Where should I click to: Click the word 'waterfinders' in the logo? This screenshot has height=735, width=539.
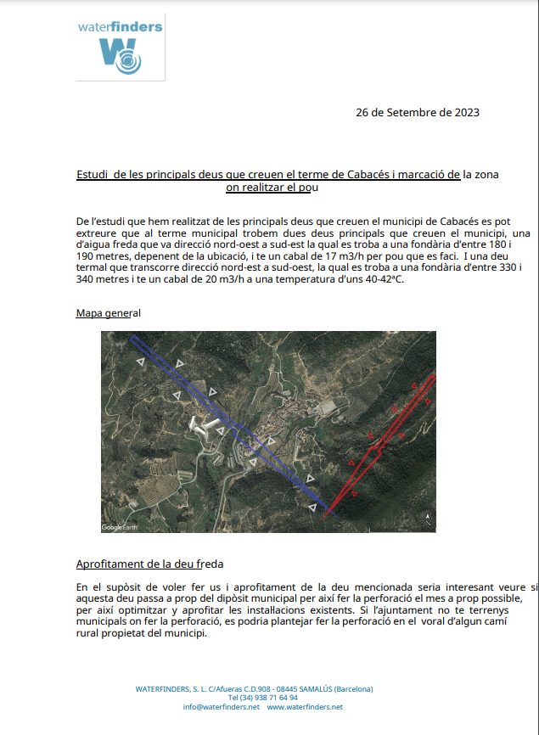tap(121, 27)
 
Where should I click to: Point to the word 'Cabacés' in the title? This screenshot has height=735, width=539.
tap(371, 174)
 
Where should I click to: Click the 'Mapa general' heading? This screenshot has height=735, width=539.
tap(108, 313)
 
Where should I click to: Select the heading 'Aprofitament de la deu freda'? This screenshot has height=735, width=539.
tap(149, 564)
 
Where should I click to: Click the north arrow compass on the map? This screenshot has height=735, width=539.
tap(430, 519)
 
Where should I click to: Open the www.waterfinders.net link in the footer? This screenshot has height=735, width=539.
tap(305, 707)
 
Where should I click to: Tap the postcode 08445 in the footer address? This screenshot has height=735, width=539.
tap(279, 688)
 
